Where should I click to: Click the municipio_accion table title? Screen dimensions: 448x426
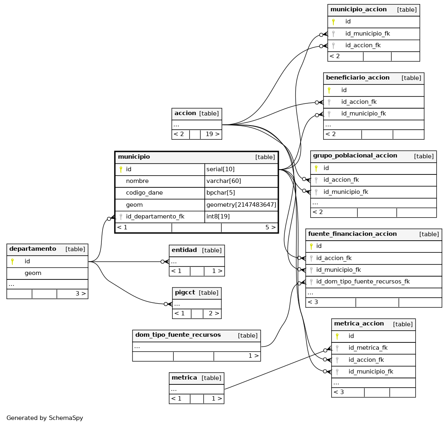pos(358,9)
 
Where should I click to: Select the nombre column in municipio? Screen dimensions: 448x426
pos(137,181)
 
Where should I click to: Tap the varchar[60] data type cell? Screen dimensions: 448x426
pos(224,181)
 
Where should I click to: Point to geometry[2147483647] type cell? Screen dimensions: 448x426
pos(241,205)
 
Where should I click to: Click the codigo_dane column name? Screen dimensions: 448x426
pos(144,193)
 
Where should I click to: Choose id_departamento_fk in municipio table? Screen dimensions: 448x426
pos(155,217)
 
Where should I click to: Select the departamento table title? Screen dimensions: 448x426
pos(33,249)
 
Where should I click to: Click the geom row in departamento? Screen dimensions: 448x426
pos(33,273)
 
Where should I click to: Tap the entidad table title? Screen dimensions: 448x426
pos(184,250)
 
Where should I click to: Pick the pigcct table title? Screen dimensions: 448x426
pos(185,293)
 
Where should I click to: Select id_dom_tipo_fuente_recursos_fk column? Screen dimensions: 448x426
pos(363,282)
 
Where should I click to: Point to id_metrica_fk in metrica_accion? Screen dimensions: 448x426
pos(368,348)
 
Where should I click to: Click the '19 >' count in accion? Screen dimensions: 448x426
pos(212,134)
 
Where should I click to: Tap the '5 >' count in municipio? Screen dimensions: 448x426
pos(270,227)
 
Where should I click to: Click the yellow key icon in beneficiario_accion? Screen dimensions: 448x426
pos(329,90)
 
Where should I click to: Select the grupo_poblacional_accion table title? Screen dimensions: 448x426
pos(355,155)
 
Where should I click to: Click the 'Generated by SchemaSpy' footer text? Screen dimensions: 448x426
pos(44,418)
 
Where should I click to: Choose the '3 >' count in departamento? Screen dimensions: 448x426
pos(80,294)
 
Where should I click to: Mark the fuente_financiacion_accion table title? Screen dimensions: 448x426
pos(352,234)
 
